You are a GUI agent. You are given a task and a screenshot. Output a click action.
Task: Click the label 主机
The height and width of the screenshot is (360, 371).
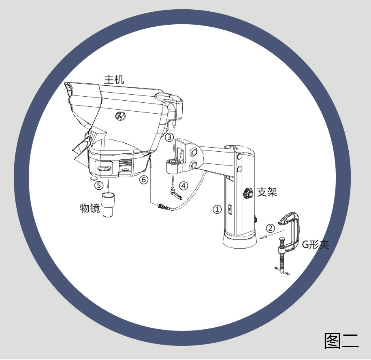coord(114,80)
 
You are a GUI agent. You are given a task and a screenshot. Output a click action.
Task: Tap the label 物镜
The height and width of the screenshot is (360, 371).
coord(90,208)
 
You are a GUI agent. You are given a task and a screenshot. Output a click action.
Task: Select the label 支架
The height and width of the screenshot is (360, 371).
coord(267,192)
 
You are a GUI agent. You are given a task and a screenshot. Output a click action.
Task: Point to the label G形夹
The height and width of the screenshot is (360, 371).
coord(316,245)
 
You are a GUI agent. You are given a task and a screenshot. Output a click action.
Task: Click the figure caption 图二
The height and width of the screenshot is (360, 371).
coord(341,341)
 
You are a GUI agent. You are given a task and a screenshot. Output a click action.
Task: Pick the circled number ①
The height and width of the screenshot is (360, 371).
coord(217,210)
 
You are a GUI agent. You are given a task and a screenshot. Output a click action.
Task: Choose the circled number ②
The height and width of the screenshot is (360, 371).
coord(271,229)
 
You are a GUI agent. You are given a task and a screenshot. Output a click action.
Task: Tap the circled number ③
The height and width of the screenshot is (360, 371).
coord(169,137)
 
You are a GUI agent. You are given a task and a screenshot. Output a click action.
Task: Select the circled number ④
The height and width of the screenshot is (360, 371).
coord(183,186)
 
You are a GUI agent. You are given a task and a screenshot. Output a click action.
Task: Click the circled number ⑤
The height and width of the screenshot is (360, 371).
coord(99,185)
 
